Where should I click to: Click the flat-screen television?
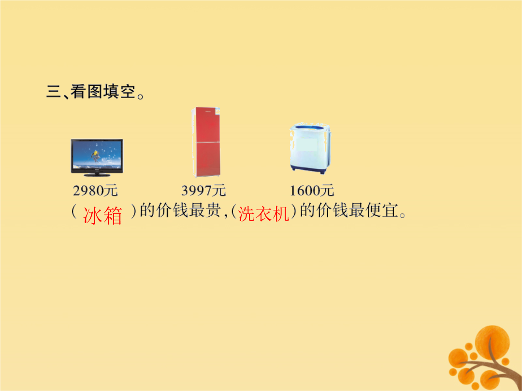pyautogui.click(x=97, y=157)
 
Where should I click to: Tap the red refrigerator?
pyautogui.click(x=206, y=142)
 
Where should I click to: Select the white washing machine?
pyautogui.click(x=310, y=149)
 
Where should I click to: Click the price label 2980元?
pyautogui.click(x=95, y=191)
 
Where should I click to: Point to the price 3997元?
pyautogui.click(x=203, y=191)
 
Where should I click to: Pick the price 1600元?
pyautogui.click(x=312, y=191)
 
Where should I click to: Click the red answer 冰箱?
pyautogui.click(x=102, y=215)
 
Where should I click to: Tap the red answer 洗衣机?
pyautogui.click(x=263, y=213)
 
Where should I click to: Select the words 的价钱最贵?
pyautogui.click(x=180, y=210)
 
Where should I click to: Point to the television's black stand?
pyautogui.click(x=97, y=174)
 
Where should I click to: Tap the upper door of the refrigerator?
pyautogui.click(x=207, y=125)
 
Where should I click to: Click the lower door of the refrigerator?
pyautogui.click(x=207, y=159)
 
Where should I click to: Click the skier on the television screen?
pyautogui.click(x=96, y=155)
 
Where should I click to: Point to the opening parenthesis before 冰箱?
pyautogui.click(x=74, y=211)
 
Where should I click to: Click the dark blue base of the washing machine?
pyautogui.click(x=308, y=169)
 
